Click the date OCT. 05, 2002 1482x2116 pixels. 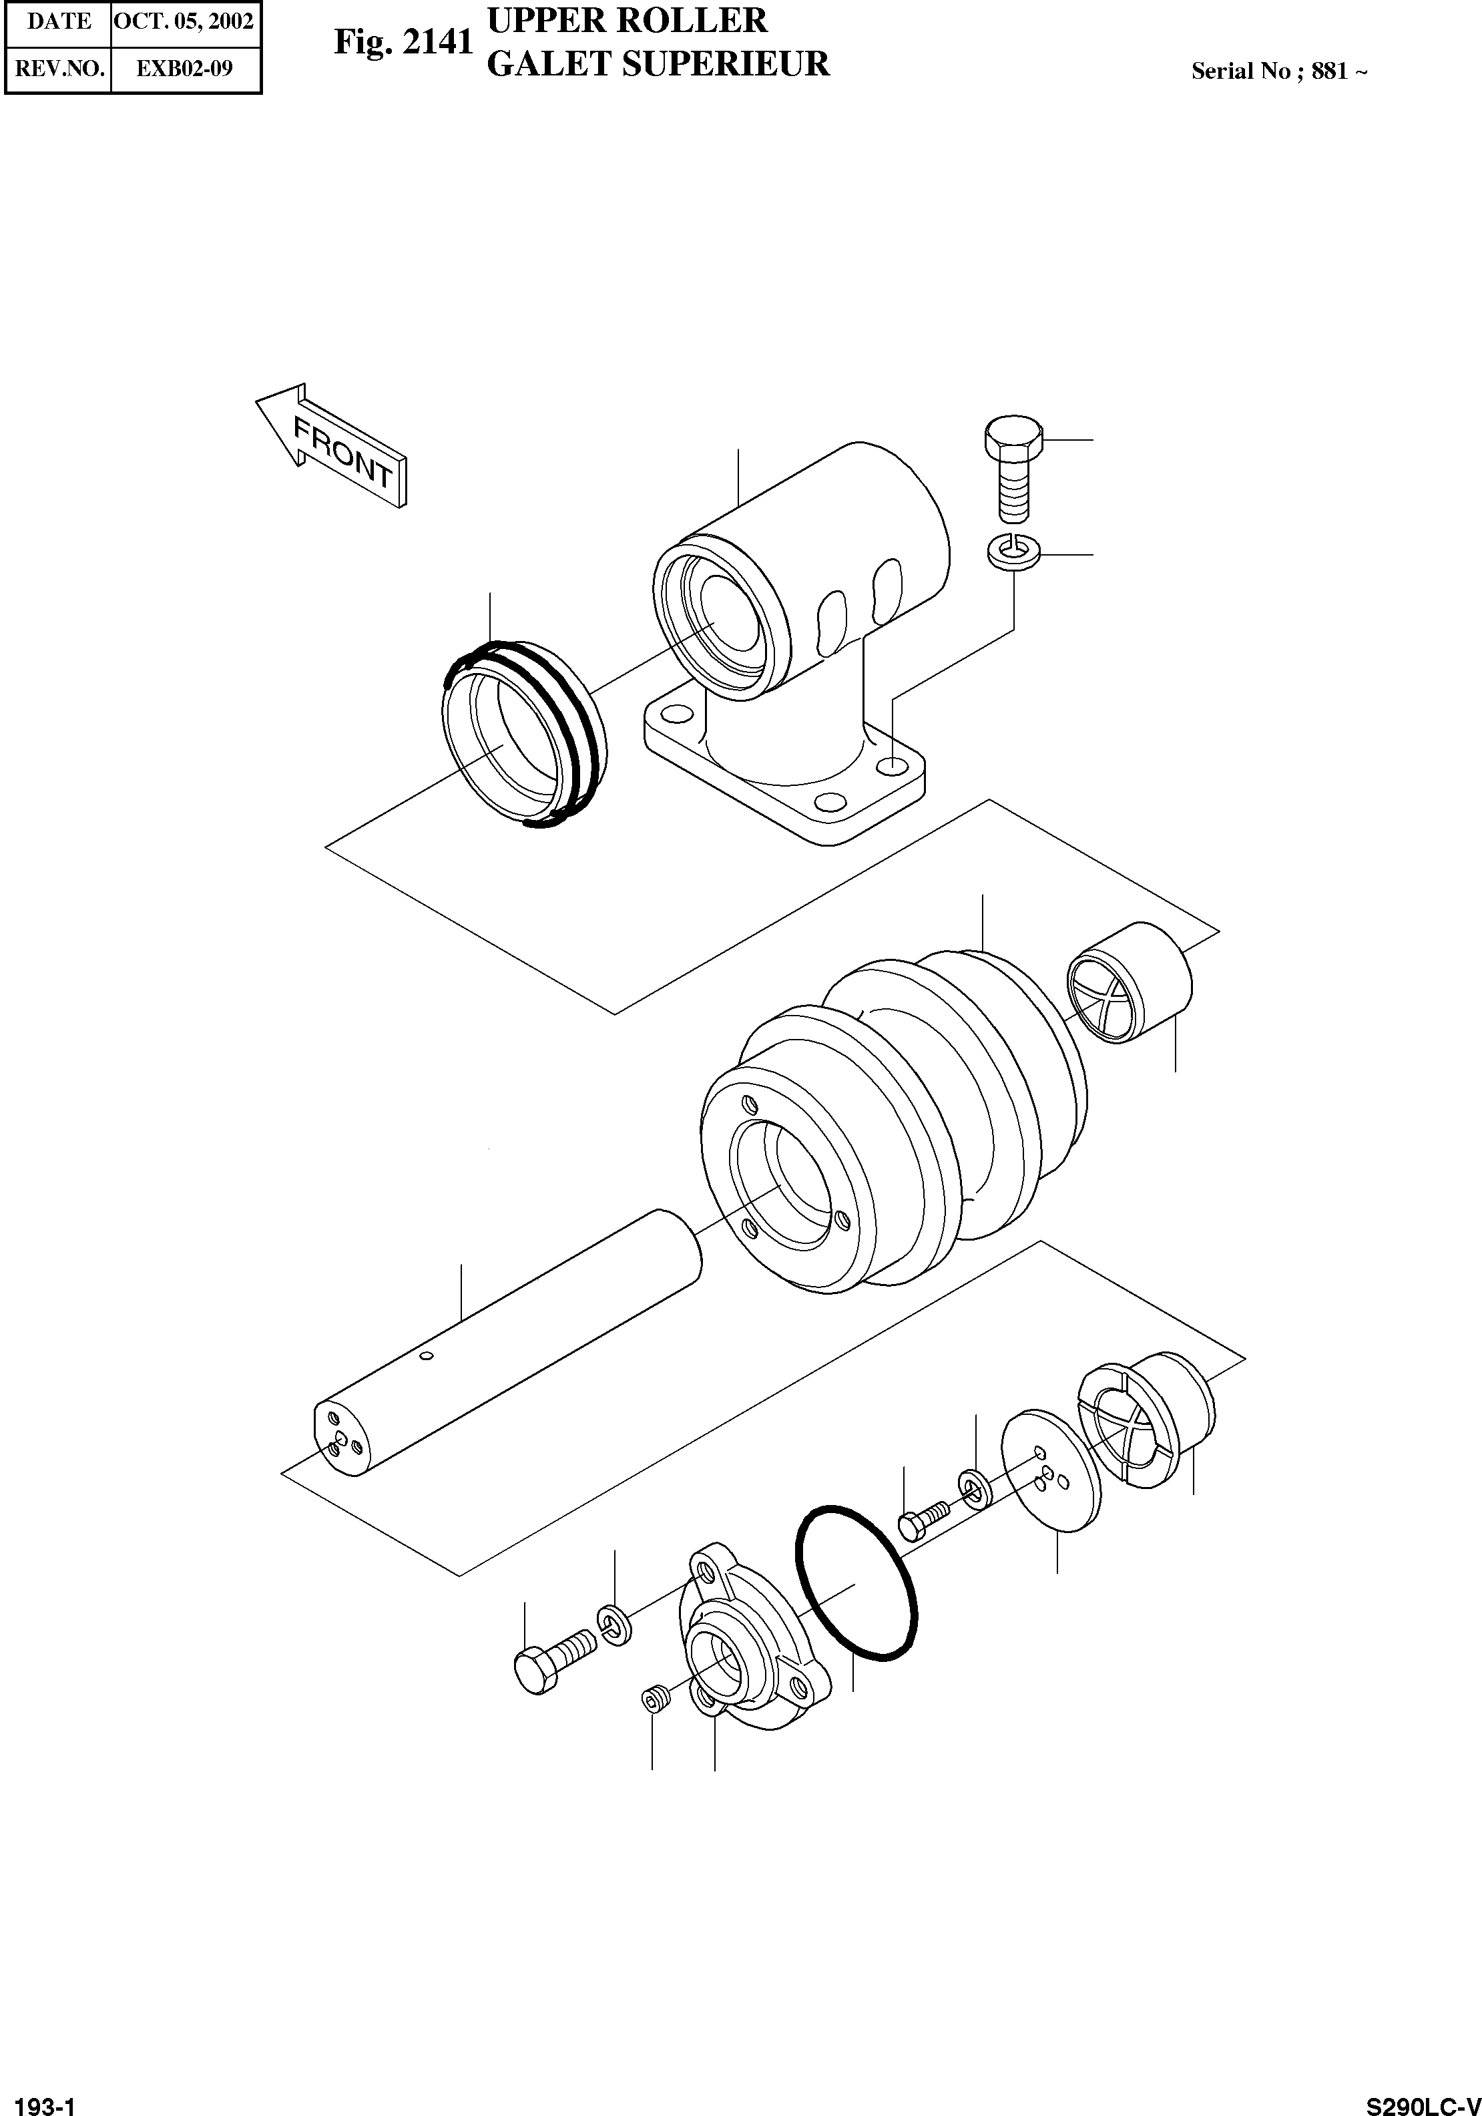click(184, 21)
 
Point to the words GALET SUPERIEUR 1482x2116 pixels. click(657, 63)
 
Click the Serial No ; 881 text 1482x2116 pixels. click(1278, 71)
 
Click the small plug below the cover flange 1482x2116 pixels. click(654, 1697)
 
